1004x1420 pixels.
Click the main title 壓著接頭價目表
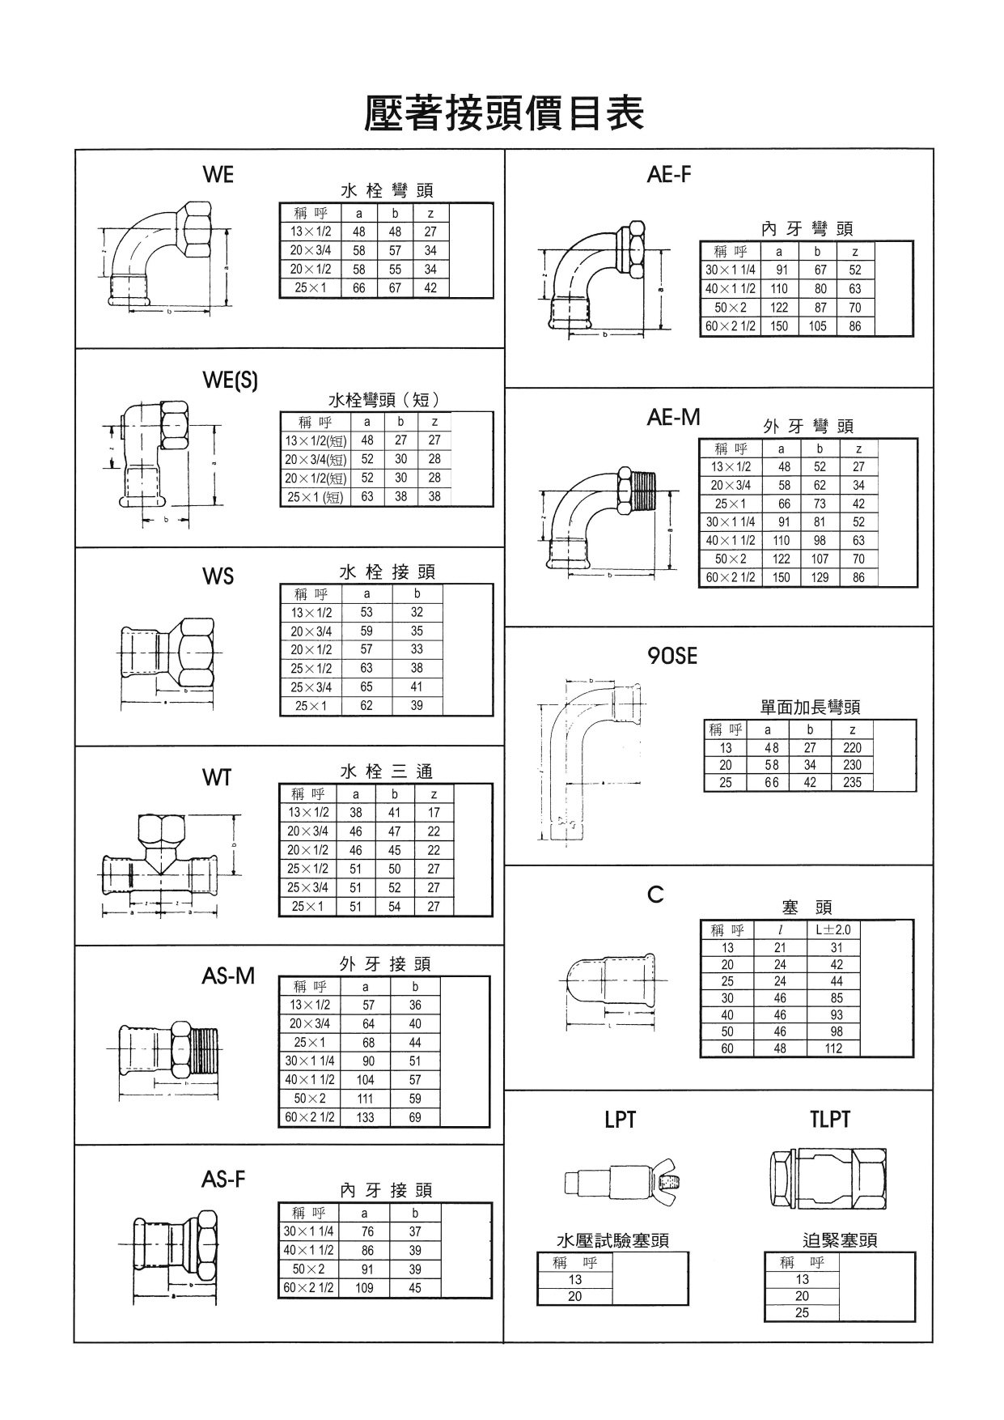504,113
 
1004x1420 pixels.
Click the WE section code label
218,174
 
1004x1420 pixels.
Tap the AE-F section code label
669,174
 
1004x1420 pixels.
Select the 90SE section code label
672,657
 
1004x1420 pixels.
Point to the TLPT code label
830,1119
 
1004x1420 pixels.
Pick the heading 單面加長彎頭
810,707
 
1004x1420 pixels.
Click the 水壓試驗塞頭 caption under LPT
612,1239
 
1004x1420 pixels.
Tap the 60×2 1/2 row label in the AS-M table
309,1117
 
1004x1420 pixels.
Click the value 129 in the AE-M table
820,577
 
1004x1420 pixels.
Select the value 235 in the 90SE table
852,782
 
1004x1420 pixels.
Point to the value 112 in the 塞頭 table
833,1048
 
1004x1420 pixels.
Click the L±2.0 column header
833,930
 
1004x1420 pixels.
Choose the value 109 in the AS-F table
365,1287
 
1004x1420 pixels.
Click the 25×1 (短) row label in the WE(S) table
316,497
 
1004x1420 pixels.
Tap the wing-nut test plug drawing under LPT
621,1184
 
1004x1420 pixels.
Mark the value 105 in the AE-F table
817,326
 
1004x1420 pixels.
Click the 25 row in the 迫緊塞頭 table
802,1312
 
